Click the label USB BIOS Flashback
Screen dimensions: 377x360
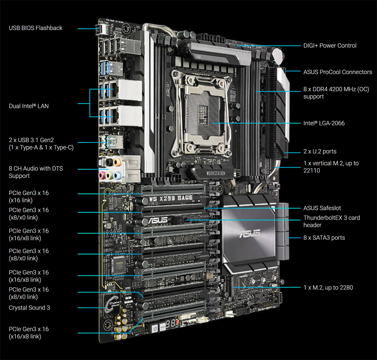tap(35, 28)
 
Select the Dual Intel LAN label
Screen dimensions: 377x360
tap(29, 106)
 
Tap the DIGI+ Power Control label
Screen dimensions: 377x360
tap(330, 45)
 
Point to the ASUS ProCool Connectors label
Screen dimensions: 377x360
tap(338, 72)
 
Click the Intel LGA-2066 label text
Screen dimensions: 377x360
tap(324, 123)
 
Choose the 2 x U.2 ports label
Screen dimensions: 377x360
tap(320, 151)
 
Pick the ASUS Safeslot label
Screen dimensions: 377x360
tap(322, 208)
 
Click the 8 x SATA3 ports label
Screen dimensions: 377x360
tap(324, 238)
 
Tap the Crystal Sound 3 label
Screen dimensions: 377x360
tap(29, 308)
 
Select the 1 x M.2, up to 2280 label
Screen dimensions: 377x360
tap(328, 288)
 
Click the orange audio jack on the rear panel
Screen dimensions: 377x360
tap(118, 162)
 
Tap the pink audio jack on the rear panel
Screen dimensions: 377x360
tap(102, 175)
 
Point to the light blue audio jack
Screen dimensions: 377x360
tap(117, 176)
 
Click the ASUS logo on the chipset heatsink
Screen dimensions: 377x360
tap(250, 233)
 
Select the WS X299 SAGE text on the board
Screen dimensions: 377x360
tap(171, 198)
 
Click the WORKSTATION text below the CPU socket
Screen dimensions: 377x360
tap(216, 173)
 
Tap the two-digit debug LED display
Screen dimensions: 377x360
tap(171, 324)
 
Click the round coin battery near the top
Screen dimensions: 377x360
tap(278, 56)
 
